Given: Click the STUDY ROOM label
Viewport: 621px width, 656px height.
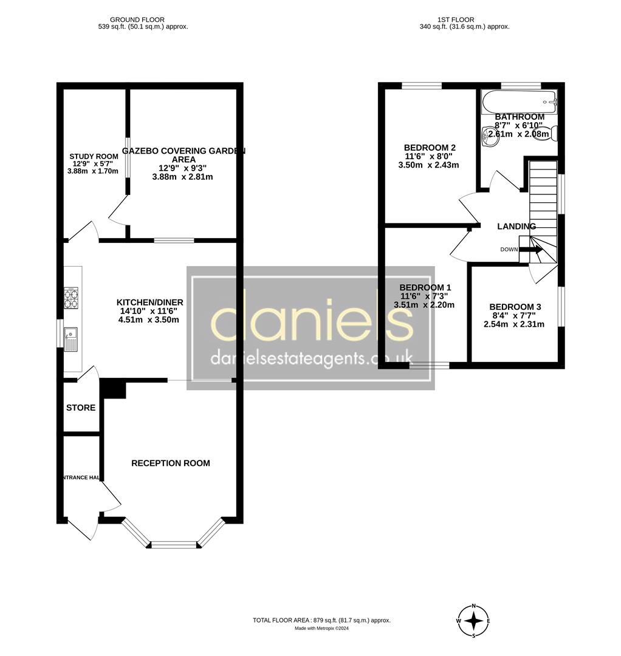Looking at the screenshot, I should [x=94, y=157].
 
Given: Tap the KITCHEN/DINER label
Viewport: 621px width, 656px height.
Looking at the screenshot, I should [x=149, y=302].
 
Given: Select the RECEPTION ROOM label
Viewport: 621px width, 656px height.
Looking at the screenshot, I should [x=171, y=463].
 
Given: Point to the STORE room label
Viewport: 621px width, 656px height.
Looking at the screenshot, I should [x=81, y=408].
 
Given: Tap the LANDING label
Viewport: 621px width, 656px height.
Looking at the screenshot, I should [x=516, y=227].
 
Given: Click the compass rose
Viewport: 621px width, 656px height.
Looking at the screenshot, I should [x=473, y=621].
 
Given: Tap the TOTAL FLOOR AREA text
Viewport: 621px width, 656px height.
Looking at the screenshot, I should [x=321, y=620].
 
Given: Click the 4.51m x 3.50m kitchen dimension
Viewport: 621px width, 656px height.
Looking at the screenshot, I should [x=149, y=319].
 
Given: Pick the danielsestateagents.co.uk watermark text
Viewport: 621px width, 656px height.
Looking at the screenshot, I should [x=311, y=358].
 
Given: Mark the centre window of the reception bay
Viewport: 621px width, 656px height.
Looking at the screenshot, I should [x=174, y=544].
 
